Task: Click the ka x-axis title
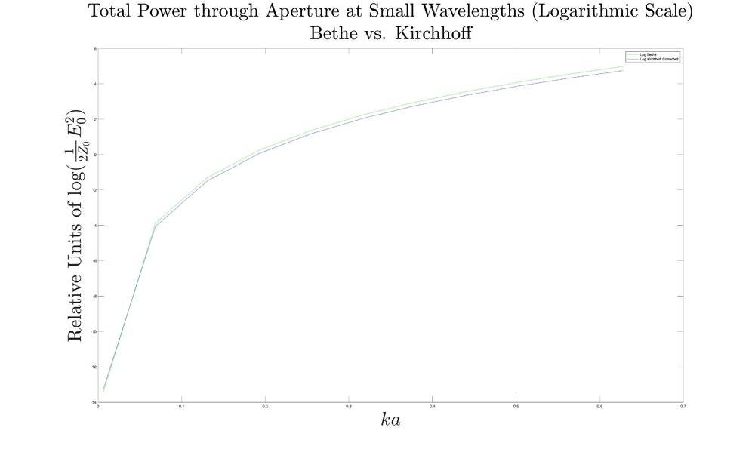(x=390, y=420)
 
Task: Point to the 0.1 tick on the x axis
(x=182, y=407)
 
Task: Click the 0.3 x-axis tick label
(x=349, y=407)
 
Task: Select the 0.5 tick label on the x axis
(x=516, y=407)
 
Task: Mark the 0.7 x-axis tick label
(x=683, y=407)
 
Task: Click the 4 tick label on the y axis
(x=94, y=84)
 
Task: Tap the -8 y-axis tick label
(x=93, y=297)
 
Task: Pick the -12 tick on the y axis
(x=92, y=367)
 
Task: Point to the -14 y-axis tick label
(x=92, y=402)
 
